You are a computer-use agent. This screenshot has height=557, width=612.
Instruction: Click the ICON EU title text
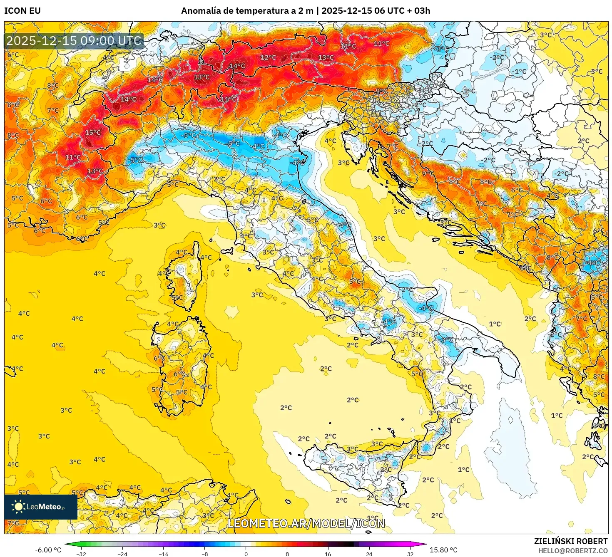pos(22,11)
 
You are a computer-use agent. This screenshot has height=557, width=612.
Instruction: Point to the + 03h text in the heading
pos(418,11)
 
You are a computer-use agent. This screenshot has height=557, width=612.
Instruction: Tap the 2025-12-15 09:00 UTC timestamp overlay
pos(74,41)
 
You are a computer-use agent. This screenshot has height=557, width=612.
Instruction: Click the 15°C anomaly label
pos(93,133)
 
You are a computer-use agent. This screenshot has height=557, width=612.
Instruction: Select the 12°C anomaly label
pos(268,57)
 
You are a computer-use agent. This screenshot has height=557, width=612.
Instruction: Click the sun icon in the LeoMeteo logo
pos(18,506)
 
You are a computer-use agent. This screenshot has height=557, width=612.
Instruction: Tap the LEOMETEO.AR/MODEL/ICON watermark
pos(306,523)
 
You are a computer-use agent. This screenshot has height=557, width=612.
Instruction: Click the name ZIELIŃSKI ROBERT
pos(571,541)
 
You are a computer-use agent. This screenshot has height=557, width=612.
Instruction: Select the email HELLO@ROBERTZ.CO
pos(572,551)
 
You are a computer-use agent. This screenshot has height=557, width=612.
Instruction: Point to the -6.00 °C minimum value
pos(48,550)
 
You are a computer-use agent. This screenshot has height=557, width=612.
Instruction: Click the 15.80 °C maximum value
pos(443,550)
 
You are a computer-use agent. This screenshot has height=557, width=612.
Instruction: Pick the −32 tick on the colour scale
pos(81,554)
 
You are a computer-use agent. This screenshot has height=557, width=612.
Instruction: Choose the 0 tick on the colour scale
pos(246,554)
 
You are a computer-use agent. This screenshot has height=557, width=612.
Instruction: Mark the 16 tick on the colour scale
pos(328,554)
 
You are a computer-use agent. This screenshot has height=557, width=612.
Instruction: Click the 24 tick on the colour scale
pos(369,554)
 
